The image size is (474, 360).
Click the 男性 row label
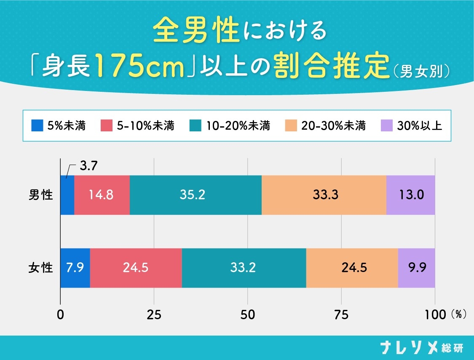[x=41, y=195]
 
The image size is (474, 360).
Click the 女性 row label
[x=41, y=268]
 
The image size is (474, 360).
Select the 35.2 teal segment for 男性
[x=195, y=195]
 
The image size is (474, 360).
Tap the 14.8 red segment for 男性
[x=102, y=195]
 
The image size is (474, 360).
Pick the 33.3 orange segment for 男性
[x=324, y=195]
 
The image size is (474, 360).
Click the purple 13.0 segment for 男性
[x=410, y=195]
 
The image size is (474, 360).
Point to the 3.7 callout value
[x=89, y=166]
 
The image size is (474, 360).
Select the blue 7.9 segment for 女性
[x=75, y=268]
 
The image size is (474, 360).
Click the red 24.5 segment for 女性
[x=136, y=268]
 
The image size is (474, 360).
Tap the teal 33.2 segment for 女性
[x=244, y=268]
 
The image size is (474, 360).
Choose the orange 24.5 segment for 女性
[x=352, y=268]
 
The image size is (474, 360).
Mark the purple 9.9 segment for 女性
[x=416, y=268]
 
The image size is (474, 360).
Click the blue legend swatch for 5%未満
[x=37, y=125]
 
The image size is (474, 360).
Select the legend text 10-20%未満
[x=238, y=125]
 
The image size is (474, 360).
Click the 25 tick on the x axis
[x=154, y=315]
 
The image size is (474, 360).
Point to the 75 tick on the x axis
[x=341, y=315]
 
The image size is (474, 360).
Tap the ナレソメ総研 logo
[x=421, y=348]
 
